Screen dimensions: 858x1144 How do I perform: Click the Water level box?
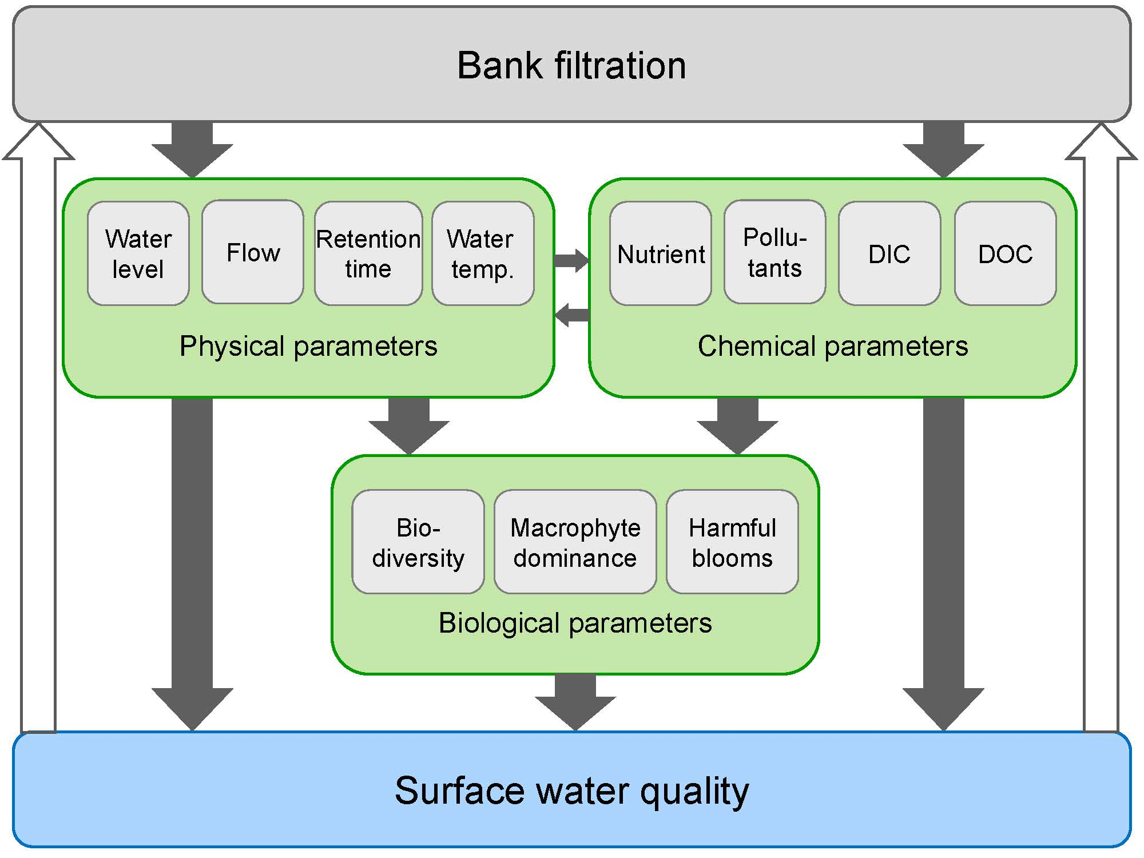tap(138, 253)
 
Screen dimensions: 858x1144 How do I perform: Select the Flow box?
tap(253, 252)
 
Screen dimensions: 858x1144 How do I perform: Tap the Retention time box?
tap(368, 253)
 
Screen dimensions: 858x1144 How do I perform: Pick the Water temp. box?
tap(483, 253)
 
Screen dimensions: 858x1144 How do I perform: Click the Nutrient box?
tap(661, 253)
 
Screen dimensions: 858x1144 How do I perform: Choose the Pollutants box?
tap(774, 252)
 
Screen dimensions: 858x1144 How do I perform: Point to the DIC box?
tap(889, 253)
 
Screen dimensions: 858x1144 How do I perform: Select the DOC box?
tap(1005, 253)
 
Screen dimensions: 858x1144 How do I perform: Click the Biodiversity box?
tap(418, 542)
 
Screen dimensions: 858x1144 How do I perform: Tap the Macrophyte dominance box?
tap(575, 542)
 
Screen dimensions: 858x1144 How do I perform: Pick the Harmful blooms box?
tap(732, 542)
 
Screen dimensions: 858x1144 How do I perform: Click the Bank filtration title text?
tap(571, 65)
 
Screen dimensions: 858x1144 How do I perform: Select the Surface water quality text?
tap(571, 791)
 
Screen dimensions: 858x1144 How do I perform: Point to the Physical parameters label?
tap(308, 346)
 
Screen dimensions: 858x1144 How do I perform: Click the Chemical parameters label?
tap(832, 346)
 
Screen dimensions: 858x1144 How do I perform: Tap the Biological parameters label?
tap(575, 623)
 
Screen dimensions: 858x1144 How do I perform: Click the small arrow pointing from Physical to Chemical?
tap(571, 261)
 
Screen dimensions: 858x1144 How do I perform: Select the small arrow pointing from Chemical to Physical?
tap(571, 315)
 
